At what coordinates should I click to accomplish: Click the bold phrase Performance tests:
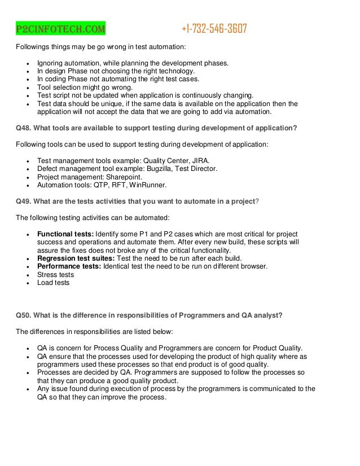tap(70, 266)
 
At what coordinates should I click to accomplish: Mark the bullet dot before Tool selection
tap(28, 87)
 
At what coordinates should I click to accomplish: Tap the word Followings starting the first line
tap(35, 46)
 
